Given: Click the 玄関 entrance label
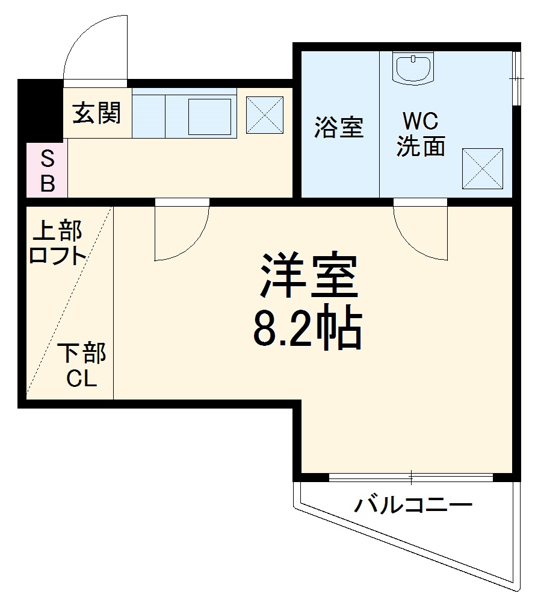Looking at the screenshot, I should [x=97, y=113].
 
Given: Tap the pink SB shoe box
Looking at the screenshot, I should [x=47, y=171].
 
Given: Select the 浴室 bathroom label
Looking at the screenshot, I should [x=339, y=128].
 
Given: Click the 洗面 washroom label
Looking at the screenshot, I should [x=420, y=146].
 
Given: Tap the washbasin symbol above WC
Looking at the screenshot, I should [x=412, y=67].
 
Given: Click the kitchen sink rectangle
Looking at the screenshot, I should [x=209, y=116].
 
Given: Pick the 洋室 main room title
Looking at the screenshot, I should [x=309, y=277].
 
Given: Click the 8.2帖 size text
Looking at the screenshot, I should [x=307, y=328].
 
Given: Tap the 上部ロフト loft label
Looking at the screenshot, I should [x=58, y=243].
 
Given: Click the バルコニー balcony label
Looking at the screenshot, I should [x=413, y=504].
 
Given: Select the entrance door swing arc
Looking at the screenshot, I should [x=95, y=45].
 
